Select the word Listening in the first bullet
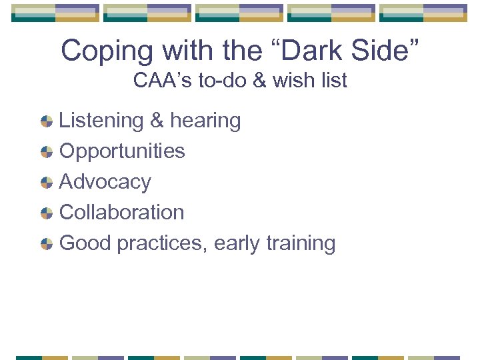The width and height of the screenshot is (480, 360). coord(101,121)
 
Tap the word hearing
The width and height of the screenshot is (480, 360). coord(205,121)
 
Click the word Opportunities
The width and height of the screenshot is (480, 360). coord(122,151)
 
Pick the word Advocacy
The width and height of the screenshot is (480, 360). coord(105,181)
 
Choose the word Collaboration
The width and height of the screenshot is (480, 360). coord(122,212)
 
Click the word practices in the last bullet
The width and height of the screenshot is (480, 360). coord(162,243)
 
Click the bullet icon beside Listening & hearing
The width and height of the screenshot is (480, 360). coord(47,121)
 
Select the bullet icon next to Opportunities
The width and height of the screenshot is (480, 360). coord(47,152)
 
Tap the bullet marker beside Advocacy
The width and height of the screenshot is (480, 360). coord(47,183)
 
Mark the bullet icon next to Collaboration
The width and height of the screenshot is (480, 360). coord(47,213)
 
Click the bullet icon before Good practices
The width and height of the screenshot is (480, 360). coord(47,244)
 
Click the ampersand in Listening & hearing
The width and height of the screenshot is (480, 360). coord(157,121)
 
